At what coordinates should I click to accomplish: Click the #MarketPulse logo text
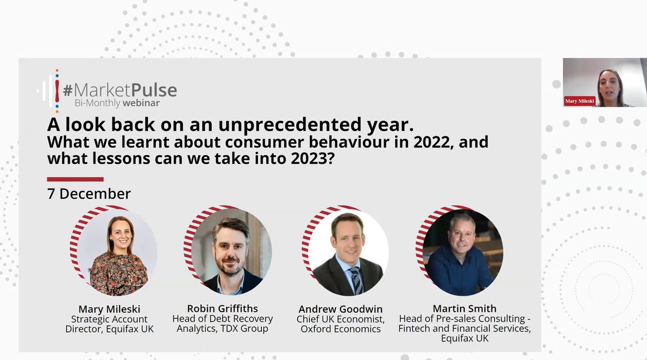[x=120, y=90]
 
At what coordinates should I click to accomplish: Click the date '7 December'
[x=89, y=194]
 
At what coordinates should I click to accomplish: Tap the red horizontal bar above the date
[x=75, y=179]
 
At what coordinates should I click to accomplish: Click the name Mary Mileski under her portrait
[x=109, y=309]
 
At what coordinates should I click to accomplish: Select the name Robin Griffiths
[x=222, y=309]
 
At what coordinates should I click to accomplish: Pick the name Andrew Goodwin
[x=340, y=309]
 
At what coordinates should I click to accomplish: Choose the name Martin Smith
[x=464, y=309]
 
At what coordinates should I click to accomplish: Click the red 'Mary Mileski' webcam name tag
[x=579, y=101]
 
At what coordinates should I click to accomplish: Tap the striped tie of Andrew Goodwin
[x=356, y=280]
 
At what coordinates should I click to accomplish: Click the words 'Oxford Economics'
[x=340, y=329]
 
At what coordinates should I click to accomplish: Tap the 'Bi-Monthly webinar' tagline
[x=117, y=103]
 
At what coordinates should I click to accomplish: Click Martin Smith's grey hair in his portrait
[x=462, y=220]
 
